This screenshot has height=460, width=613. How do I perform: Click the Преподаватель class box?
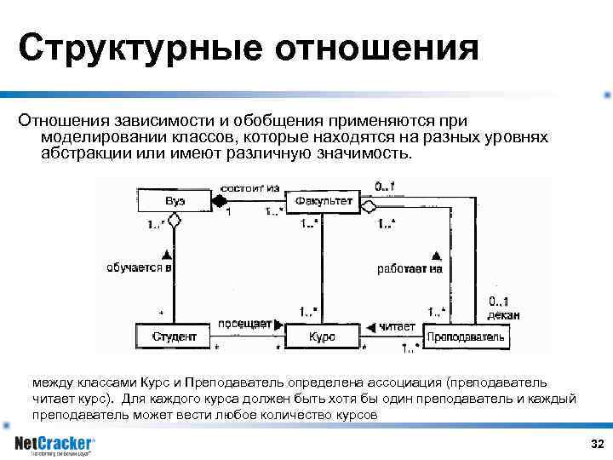(465, 336)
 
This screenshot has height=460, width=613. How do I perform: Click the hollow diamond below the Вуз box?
(174, 221)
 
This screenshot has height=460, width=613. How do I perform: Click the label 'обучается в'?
(140, 267)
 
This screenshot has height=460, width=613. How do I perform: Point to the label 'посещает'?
(243, 324)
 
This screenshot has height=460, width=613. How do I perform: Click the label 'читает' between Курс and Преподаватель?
(397, 325)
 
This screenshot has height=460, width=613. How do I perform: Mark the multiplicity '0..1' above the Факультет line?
(384, 186)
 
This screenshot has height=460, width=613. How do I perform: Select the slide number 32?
(596, 446)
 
